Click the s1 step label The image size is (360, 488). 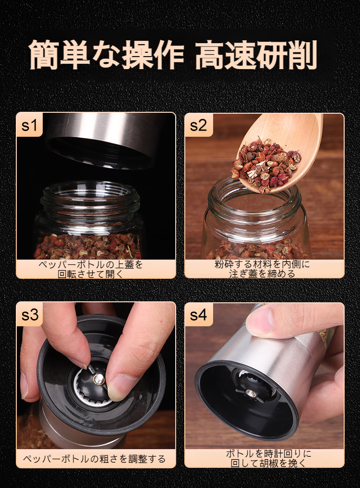coord(29,125)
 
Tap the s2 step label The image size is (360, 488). coord(198,125)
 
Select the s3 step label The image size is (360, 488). coord(30,314)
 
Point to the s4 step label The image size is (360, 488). coord(198,315)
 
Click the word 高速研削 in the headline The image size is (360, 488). coord(256,55)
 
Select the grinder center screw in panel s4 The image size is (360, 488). coord(250,393)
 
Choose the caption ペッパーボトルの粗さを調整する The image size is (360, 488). coord(95,459)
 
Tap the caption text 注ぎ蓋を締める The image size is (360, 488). coord(262,274)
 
